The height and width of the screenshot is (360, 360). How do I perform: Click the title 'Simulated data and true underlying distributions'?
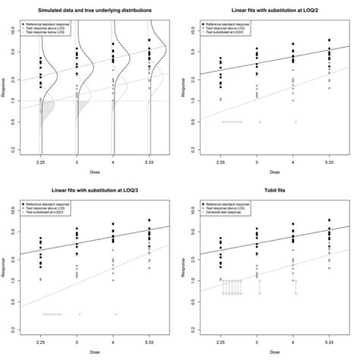coord(95,8)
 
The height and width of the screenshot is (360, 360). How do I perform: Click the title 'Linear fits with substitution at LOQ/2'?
coord(276,8)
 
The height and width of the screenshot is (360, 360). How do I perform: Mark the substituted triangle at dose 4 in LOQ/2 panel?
coord(295,122)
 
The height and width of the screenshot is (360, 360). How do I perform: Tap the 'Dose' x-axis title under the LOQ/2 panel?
coord(276,171)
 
